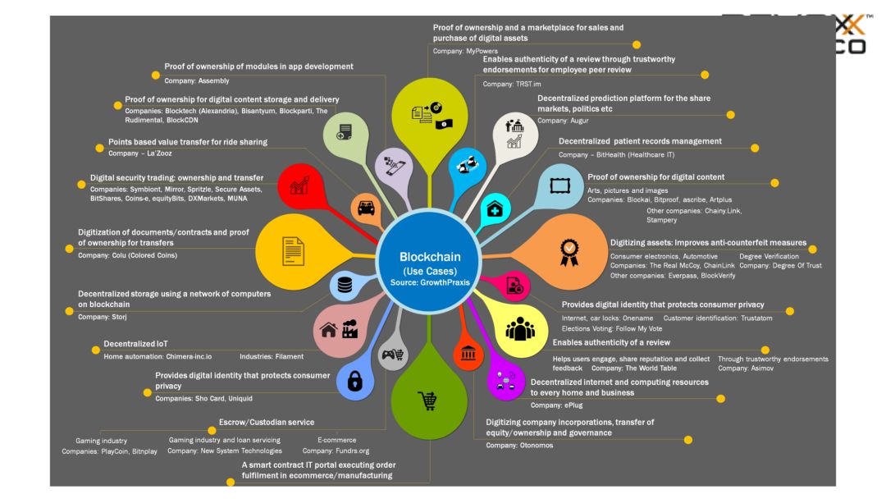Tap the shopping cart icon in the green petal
(x=427, y=401)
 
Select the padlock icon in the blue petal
(x=355, y=381)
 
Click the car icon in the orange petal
(x=367, y=208)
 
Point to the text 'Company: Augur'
(x=564, y=121)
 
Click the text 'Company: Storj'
(x=99, y=316)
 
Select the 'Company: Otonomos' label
(x=518, y=445)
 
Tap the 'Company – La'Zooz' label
(x=140, y=153)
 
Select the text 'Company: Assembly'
(x=197, y=80)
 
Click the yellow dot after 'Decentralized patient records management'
(x=756, y=148)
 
